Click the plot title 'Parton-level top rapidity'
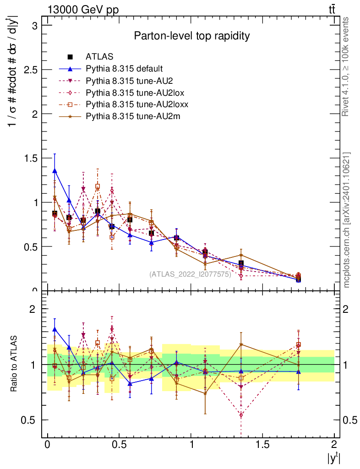(x=191, y=36)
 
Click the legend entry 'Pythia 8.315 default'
(x=124, y=69)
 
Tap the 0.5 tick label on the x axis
(x=119, y=445)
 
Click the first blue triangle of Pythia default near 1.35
(x=55, y=171)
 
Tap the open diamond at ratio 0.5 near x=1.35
(x=241, y=415)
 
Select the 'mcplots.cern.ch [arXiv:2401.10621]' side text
(x=347, y=220)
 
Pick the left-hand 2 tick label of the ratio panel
(x=32, y=309)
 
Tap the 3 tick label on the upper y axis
(x=34, y=26)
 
